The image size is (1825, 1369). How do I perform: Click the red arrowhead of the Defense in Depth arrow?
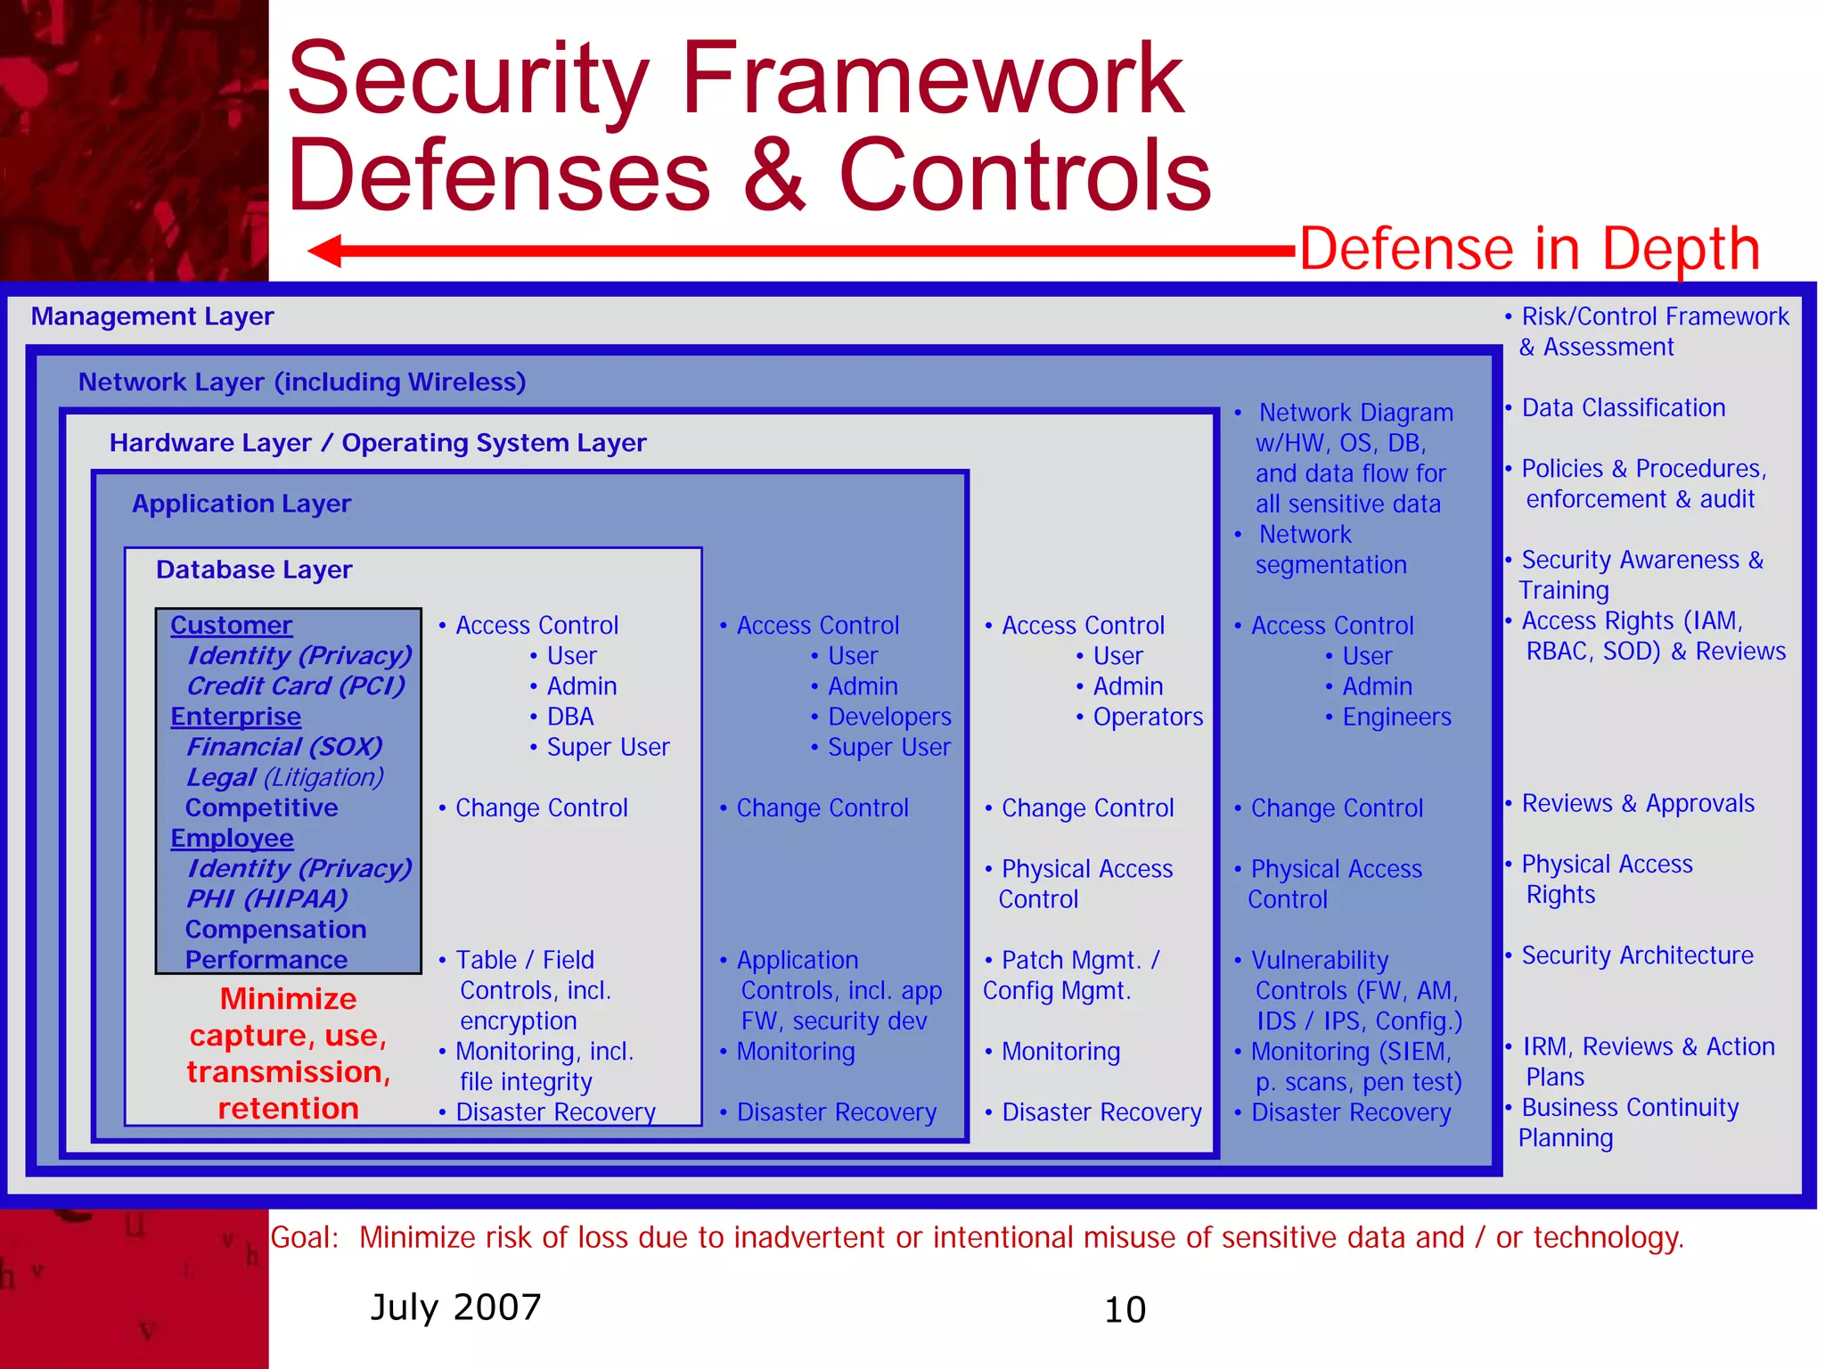click(x=326, y=250)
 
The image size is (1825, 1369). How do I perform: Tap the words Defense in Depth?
click(x=1529, y=249)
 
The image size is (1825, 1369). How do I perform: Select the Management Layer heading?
click(x=152, y=316)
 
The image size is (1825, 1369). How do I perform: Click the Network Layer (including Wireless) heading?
click(x=302, y=382)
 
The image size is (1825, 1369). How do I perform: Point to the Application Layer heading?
click(x=241, y=504)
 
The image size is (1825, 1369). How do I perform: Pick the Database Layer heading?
click(x=254, y=570)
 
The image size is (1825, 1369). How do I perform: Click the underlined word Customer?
click(x=231, y=626)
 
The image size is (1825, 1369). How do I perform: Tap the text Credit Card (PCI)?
click(x=296, y=686)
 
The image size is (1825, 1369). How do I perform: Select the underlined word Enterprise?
click(x=235, y=717)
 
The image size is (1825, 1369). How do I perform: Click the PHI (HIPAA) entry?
click(x=266, y=898)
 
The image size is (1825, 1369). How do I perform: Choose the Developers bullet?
click(x=888, y=717)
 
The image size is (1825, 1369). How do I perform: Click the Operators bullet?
click(x=1147, y=717)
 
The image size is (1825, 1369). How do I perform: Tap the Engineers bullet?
click(x=1396, y=717)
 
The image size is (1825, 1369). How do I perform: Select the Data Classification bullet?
click(x=1623, y=408)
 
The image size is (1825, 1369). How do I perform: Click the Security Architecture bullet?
click(x=1637, y=955)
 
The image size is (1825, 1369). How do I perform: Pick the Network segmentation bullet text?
click(x=1330, y=550)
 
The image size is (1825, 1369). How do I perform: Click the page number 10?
click(x=1125, y=1309)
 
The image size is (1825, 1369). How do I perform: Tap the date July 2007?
click(x=455, y=1308)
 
